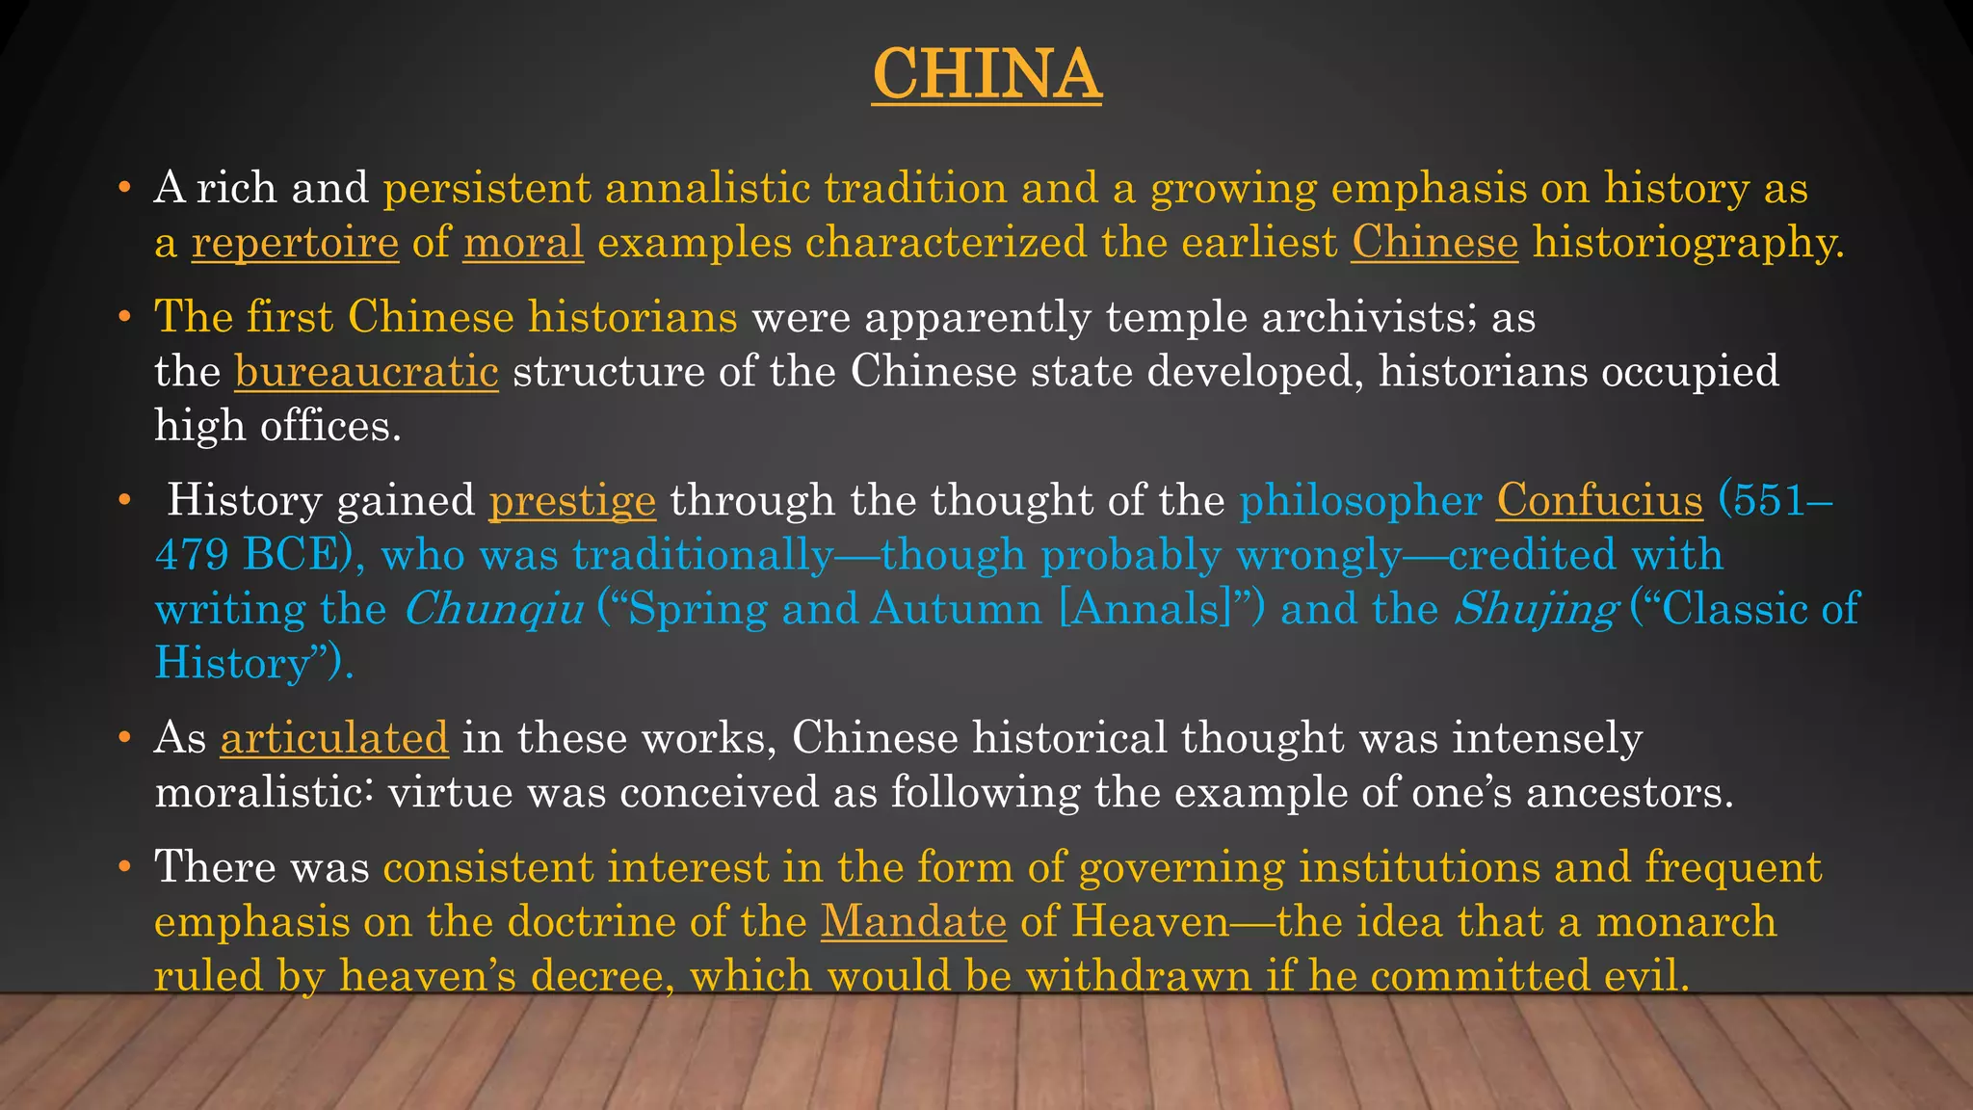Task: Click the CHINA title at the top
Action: click(x=986, y=74)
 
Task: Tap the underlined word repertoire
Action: click(x=295, y=242)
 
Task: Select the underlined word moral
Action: click(x=523, y=242)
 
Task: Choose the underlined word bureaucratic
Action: click(x=366, y=371)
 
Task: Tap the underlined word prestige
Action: click(x=572, y=501)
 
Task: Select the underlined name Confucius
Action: click(x=1599, y=500)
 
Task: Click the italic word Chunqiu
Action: click(x=493, y=609)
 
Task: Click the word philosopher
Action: click(x=1360, y=501)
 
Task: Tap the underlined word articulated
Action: click(x=334, y=738)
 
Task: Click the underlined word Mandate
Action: click(x=913, y=921)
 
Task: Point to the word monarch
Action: click(x=1686, y=921)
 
